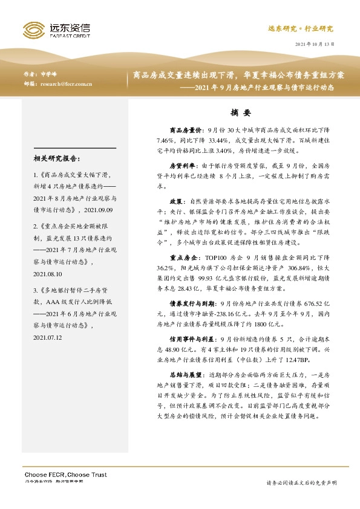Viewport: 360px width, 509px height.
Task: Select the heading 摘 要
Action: pos(240,112)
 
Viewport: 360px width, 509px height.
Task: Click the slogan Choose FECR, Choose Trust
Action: pos(65,473)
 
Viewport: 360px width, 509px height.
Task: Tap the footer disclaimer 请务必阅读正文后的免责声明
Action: pos(301,483)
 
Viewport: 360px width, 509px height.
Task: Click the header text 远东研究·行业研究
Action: pos(300,28)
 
